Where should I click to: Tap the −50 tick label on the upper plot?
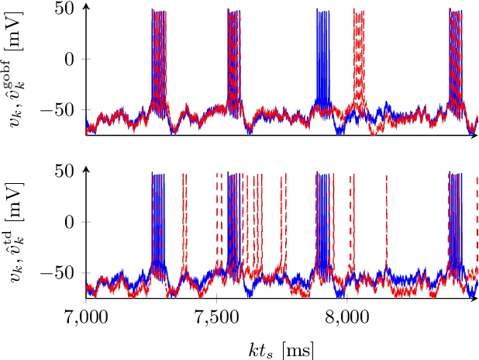55,111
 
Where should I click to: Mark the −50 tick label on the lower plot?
55,274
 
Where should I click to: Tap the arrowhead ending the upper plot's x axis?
476,136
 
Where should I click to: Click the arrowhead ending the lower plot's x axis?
476,299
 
